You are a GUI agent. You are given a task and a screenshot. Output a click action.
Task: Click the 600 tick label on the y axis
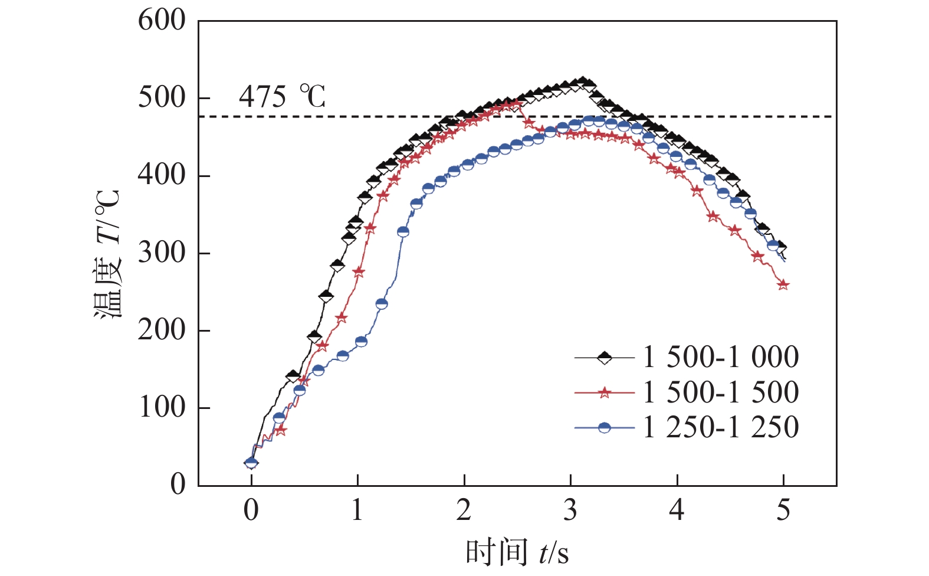click(x=162, y=21)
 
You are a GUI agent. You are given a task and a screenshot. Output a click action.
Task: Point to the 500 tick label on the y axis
click(x=162, y=98)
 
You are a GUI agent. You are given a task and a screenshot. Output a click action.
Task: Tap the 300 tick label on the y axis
click(x=162, y=253)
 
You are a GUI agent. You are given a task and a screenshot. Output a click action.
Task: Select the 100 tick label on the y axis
click(x=162, y=408)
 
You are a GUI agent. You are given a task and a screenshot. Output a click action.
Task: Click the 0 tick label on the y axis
click(x=178, y=485)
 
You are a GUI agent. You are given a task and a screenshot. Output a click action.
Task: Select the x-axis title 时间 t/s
click(x=517, y=553)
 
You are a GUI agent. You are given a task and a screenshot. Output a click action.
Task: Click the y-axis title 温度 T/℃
click(x=108, y=254)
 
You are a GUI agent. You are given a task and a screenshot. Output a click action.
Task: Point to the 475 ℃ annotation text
click(x=282, y=97)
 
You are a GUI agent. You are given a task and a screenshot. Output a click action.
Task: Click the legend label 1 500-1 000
click(x=721, y=357)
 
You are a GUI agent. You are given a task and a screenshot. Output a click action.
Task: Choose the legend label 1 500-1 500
click(x=721, y=392)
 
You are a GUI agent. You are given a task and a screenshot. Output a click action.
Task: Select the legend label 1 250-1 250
click(x=721, y=427)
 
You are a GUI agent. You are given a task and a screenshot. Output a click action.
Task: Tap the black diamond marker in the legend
click(x=605, y=357)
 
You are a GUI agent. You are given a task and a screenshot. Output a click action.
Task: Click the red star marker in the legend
click(x=605, y=392)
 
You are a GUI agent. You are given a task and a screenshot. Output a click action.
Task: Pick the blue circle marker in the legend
click(x=605, y=427)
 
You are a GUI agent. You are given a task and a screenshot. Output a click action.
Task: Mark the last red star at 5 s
click(x=783, y=285)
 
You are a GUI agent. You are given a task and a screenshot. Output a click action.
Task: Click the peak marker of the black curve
click(x=583, y=82)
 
